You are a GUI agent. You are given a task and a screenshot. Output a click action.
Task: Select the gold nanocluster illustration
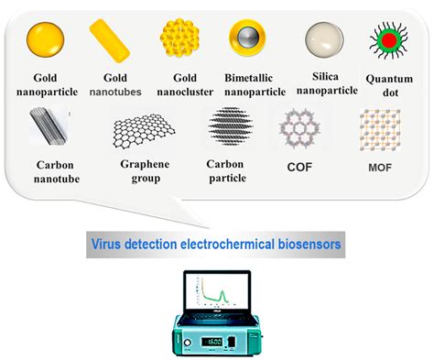tap(180, 40)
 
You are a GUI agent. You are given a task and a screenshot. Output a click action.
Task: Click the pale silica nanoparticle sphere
tap(324, 41)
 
